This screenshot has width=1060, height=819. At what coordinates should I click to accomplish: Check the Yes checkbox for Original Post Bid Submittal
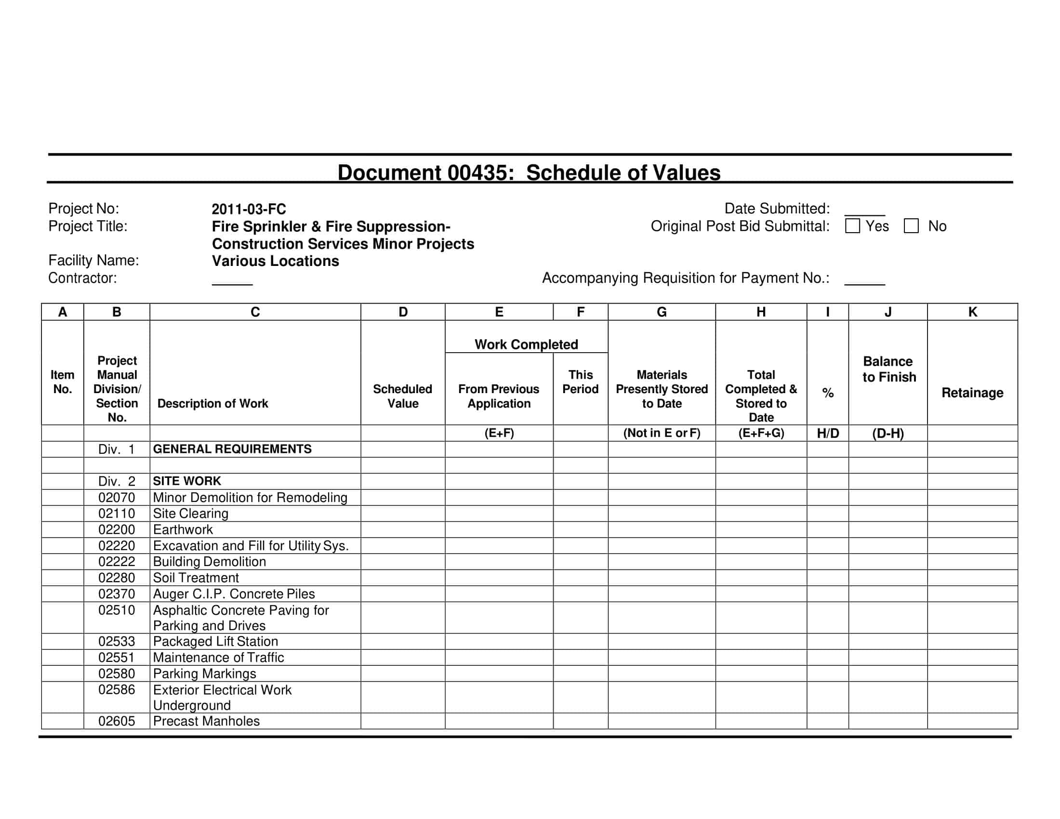coord(852,226)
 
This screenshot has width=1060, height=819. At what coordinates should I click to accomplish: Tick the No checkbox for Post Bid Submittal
coord(911,226)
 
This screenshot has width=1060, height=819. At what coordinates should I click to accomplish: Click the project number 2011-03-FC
coord(249,209)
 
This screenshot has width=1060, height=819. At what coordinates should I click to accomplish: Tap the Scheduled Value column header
coord(402,396)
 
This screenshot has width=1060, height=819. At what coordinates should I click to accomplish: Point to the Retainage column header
coord(972,393)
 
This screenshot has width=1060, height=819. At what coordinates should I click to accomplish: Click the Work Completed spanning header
coord(526,344)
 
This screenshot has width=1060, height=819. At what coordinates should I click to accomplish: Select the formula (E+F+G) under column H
coord(760,433)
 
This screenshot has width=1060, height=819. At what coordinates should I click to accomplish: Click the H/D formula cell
coord(827,433)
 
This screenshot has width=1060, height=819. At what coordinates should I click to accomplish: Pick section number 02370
coord(117,594)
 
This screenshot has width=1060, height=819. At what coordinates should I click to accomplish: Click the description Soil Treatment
coord(196,578)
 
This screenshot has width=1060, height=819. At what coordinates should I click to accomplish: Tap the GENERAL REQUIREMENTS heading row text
coord(232,449)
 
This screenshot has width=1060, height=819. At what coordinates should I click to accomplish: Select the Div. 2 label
coord(117,481)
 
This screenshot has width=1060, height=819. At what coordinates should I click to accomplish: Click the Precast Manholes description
coord(206,721)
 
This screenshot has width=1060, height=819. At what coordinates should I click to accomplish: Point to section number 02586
coord(117,689)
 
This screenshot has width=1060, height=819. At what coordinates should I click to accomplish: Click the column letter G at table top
coord(661,312)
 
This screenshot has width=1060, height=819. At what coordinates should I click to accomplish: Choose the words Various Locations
coord(275,261)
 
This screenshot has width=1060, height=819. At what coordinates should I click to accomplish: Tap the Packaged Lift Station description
coord(215,641)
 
